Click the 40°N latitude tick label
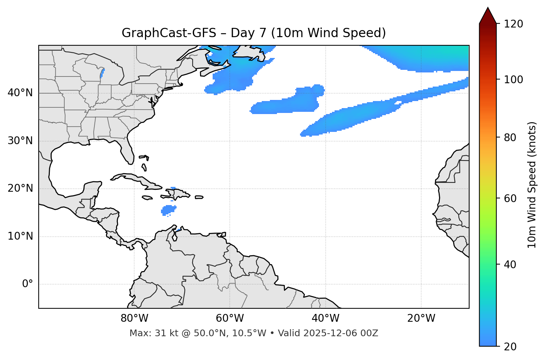pyautogui.click(x=20, y=93)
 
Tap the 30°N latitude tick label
pyautogui.click(x=20, y=141)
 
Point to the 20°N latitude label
pyautogui.click(x=20, y=188)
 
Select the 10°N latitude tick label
pyautogui.click(x=20, y=236)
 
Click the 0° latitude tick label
pyautogui.click(x=28, y=284)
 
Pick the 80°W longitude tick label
pyautogui.click(x=134, y=318)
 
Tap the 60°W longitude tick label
pyautogui.click(x=230, y=318)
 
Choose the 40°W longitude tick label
pyautogui.click(x=326, y=318)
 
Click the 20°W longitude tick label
pyautogui.click(x=421, y=318)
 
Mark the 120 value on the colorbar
pyautogui.click(x=514, y=24)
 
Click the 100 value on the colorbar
pyautogui.click(x=514, y=80)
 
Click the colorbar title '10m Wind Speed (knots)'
pyautogui.click(x=532, y=185)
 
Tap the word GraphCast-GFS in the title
pyautogui.click(x=169, y=33)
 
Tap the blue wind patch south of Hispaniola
pyautogui.click(x=168, y=210)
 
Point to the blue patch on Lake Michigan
pyautogui.click(x=102, y=73)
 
